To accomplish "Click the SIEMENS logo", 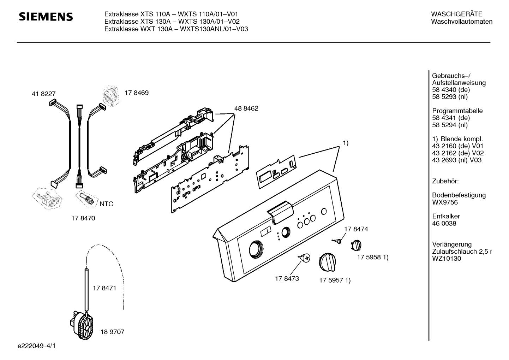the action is click(x=46, y=17).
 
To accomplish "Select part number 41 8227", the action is click(x=44, y=94).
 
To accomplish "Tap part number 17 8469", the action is click(x=137, y=93).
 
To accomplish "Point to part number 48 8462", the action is click(x=246, y=108).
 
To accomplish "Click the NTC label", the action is click(x=106, y=204).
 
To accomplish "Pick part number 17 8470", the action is click(x=83, y=218).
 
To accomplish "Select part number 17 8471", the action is click(x=104, y=288).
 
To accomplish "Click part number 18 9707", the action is click(x=113, y=332).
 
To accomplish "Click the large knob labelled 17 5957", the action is click(x=328, y=262).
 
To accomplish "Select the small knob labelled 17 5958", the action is click(x=356, y=246).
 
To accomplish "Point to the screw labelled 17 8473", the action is click(x=305, y=258).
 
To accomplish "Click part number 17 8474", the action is click(x=356, y=229).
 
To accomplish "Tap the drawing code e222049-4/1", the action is click(x=37, y=346).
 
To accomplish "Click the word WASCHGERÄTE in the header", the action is click(x=456, y=14).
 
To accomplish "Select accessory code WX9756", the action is click(x=445, y=202).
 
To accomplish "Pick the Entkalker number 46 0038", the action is click(x=444, y=223).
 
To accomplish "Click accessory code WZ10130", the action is click(x=447, y=258).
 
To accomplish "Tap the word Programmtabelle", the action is click(x=457, y=111).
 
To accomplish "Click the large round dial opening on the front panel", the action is click(x=256, y=249).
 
